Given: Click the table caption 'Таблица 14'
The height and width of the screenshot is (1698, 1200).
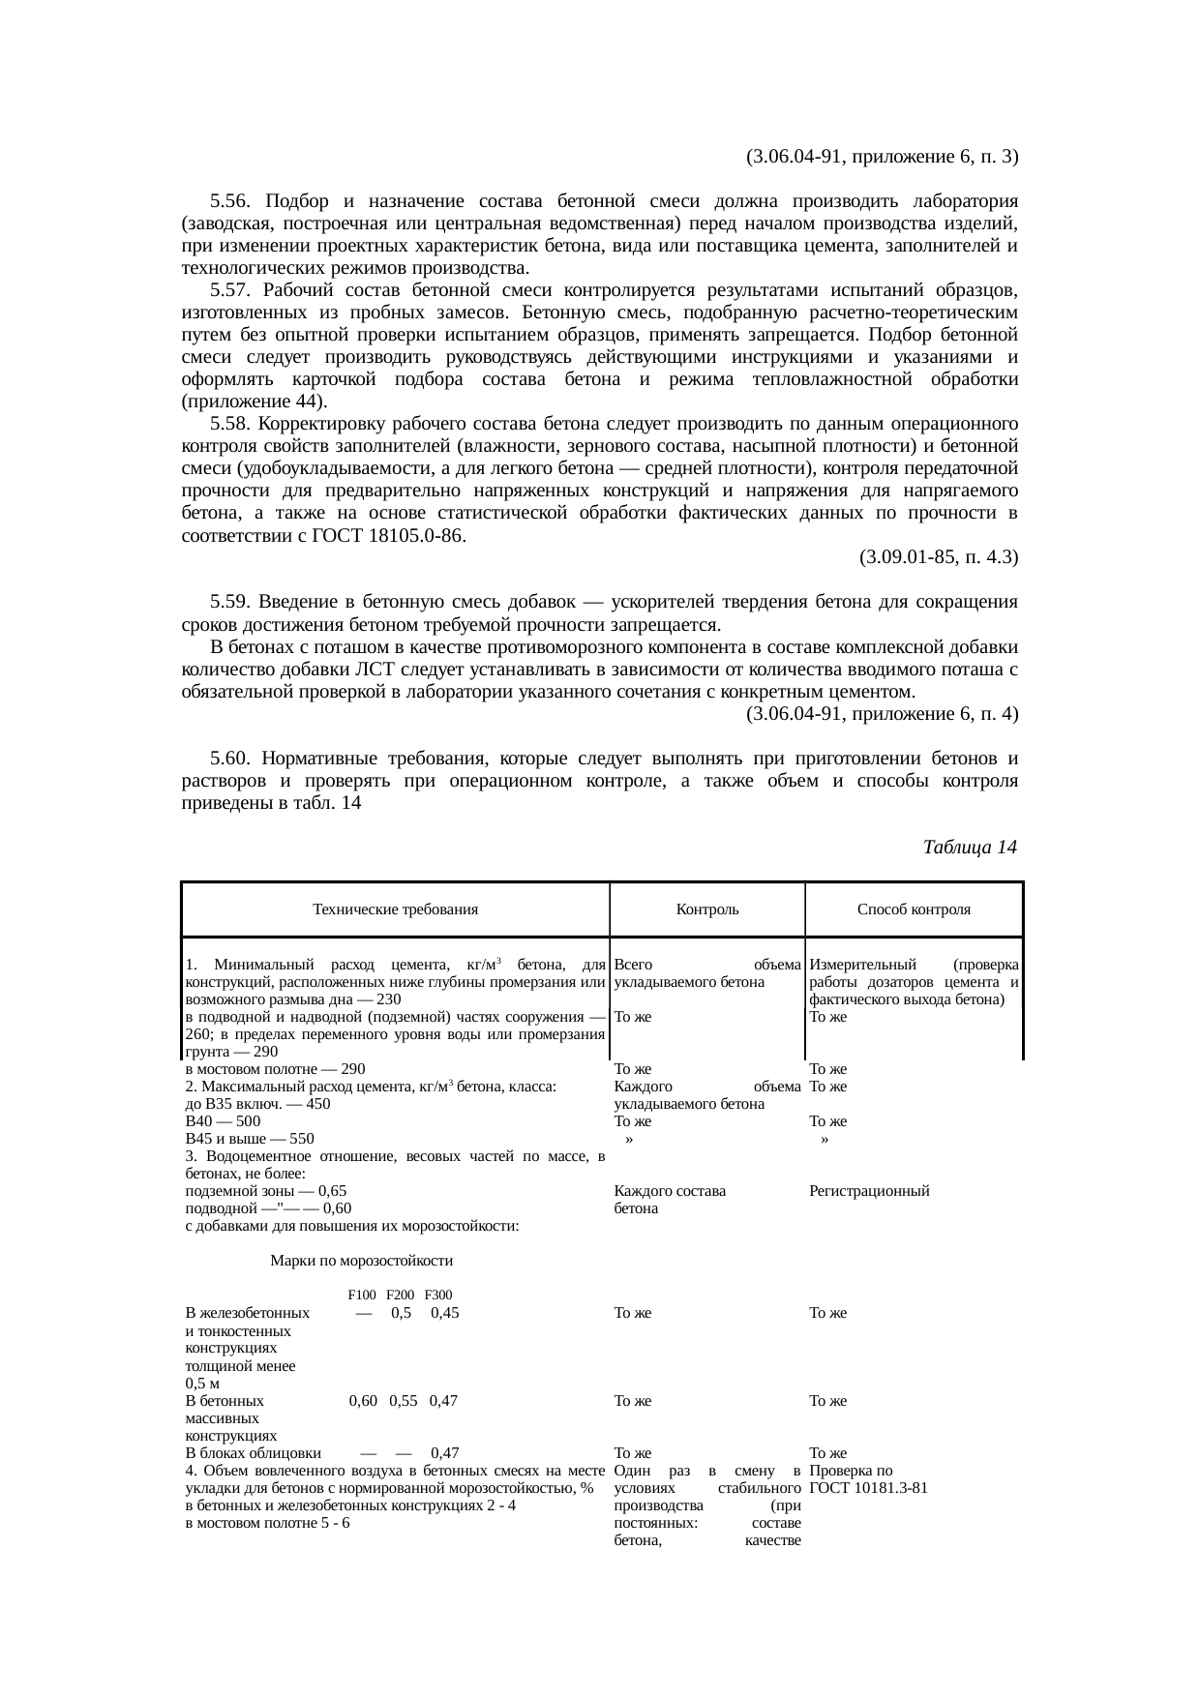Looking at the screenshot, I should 970,848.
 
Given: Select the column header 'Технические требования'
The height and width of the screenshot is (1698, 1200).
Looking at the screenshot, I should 395,909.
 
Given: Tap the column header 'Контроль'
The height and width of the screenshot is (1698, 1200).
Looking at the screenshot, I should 706,909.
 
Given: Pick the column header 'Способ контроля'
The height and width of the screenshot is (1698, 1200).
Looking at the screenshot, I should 914,909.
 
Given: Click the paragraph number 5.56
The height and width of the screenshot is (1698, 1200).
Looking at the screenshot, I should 229,201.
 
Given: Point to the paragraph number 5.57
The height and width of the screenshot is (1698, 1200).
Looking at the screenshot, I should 229,290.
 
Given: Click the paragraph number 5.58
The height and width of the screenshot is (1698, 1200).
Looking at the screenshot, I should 229,424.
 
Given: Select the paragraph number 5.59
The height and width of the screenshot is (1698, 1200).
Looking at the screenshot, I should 229,602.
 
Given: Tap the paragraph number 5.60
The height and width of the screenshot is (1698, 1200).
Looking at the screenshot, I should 229,758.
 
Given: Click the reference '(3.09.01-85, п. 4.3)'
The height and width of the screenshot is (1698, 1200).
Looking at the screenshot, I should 938,557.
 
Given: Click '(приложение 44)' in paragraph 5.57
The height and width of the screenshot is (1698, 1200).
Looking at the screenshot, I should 254,402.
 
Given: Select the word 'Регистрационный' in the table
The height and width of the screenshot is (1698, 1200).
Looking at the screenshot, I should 869,1191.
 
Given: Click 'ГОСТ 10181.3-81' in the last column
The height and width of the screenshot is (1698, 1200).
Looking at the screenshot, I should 869,1487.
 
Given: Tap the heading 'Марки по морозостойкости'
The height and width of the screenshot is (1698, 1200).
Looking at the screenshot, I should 362,1261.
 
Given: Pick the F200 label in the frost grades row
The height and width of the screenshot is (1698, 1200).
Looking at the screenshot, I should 400,1296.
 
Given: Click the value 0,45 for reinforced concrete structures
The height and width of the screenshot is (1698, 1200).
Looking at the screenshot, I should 444,1313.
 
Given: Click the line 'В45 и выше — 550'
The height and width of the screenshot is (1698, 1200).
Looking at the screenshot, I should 250,1139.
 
